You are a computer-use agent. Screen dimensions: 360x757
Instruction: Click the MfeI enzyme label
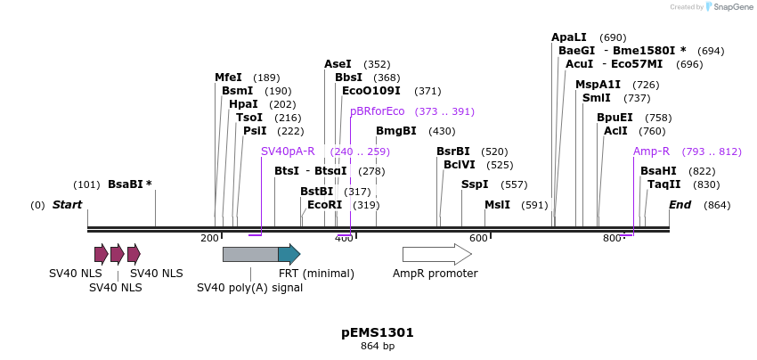[228, 78]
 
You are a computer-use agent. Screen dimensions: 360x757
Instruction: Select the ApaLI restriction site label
[569, 37]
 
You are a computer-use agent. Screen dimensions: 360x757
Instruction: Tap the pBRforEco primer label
[377, 111]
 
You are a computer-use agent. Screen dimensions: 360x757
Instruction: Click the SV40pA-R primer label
[288, 151]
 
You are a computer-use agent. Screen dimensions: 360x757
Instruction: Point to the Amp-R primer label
[651, 151]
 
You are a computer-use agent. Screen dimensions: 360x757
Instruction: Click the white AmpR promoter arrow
[436, 255]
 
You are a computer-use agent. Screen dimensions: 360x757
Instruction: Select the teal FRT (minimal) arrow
[289, 255]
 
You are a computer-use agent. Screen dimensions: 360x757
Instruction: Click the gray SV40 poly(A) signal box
[249, 255]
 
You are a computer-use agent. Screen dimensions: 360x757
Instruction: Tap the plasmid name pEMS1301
[378, 332]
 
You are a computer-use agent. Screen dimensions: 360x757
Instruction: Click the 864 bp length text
[378, 346]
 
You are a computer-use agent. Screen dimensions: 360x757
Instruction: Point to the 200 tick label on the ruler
[209, 238]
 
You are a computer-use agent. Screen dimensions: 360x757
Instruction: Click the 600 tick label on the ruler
[478, 238]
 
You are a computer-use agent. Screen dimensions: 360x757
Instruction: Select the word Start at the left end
[67, 205]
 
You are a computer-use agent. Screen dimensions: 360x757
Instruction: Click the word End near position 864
[680, 205]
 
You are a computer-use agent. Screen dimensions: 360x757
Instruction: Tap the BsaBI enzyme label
[129, 184]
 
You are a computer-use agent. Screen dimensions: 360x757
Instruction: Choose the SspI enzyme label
[475, 184]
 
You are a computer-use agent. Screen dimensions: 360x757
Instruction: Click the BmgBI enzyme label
[395, 131]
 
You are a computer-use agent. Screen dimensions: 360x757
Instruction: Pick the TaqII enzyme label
[663, 184]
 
